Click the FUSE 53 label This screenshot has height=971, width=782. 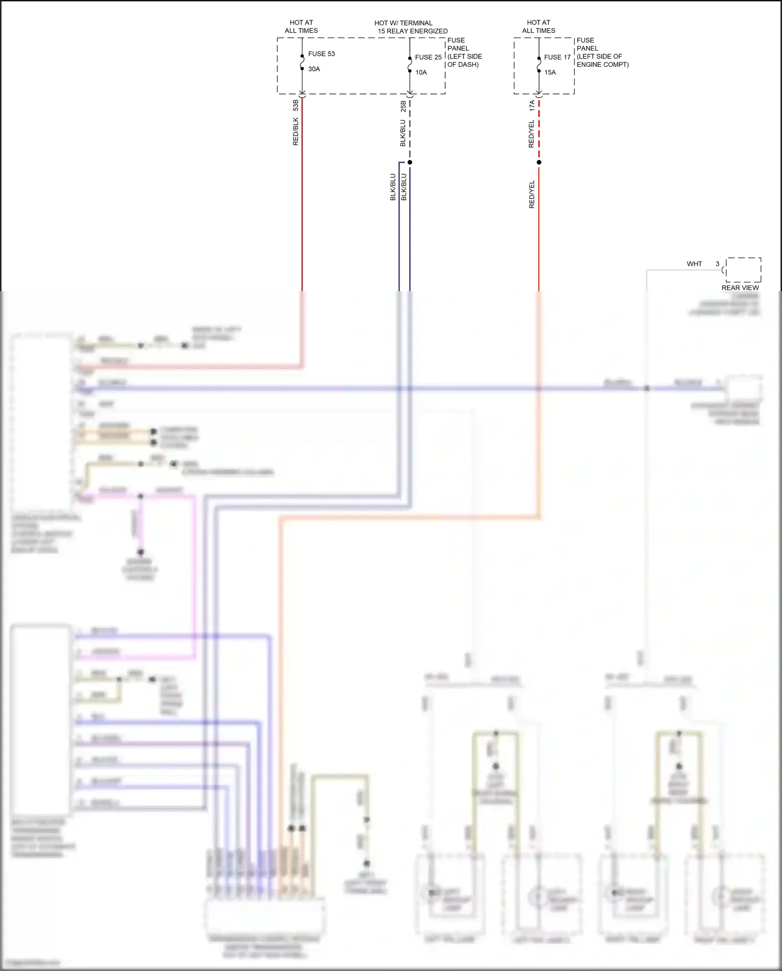pyautogui.click(x=321, y=54)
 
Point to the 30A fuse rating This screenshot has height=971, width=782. pyautogui.click(x=314, y=69)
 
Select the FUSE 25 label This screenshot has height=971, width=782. pyautogui.click(x=428, y=57)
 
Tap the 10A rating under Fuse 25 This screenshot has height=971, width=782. pyautogui.click(x=421, y=73)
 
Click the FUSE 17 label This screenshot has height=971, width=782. pyautogui.click(x=557, y=57)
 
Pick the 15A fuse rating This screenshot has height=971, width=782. pyautogui.click(x=550, y=73)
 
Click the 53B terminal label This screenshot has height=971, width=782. pyautogui.click(x=296, y=105)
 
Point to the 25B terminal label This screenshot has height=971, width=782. pyautogui.click(x=403, y=106)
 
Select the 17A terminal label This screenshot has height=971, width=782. pyautogui.click(x=532, y=105)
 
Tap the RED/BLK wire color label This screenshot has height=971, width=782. pyautogui.click(x=296, y=131)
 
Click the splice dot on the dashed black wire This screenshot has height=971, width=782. pyautogui.click(x=410, y=162)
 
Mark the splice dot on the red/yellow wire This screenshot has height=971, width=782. pyautogui.click(x=539, y=162)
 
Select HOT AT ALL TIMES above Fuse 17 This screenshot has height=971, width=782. pyautogui.click(x=539, y=27)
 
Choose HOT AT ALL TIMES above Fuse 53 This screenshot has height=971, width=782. pyautogui.click(x=301, y=27)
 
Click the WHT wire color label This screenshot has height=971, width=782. pyautogui.click(x=694, y=264)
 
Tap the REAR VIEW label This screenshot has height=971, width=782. pyautogui.click(x=740, y=288)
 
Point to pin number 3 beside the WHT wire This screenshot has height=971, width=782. pyautogui.click(x=717, y=264)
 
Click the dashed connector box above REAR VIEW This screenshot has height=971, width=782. pyautogui.click(x=743, y=270)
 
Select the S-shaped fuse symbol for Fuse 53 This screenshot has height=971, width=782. pyautogui.click(x=302, y=62)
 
